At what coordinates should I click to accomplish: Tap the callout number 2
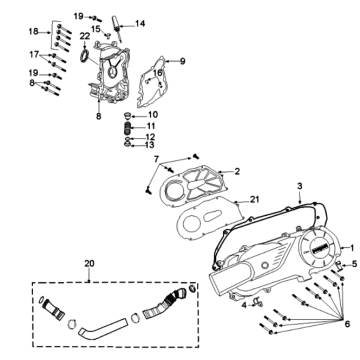237,172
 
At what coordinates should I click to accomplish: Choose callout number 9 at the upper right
183,62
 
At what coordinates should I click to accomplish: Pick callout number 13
151,146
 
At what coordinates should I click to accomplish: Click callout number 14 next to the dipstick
140,23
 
